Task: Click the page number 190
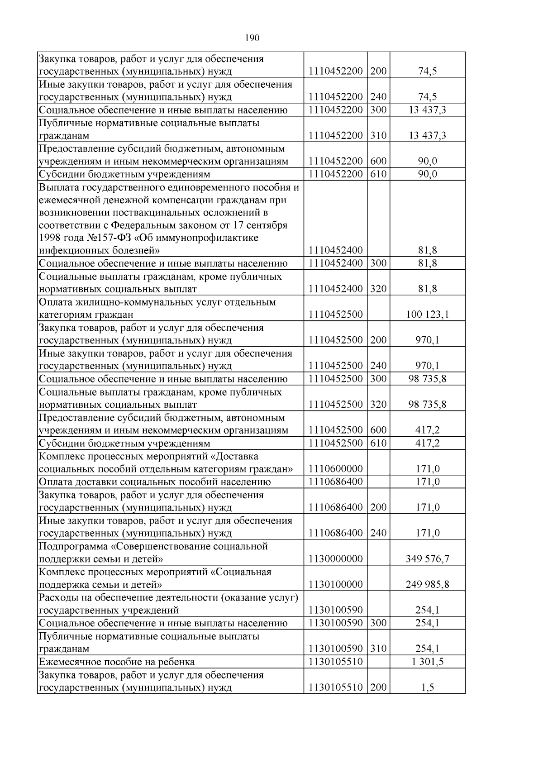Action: click(252, 38)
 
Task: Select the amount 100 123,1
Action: click(427, 315)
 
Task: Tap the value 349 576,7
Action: click(427, 559)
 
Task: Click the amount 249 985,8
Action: click(427, 585)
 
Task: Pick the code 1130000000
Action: click(335, 559)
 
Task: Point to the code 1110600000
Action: click(335, 469)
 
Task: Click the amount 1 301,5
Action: click(427, 662)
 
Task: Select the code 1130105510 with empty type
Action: click(335, 662)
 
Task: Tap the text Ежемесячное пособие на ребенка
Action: click(117, 662)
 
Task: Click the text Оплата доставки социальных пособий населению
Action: click(155, 482)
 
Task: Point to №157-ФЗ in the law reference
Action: click(78, 238)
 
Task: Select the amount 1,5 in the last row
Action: click(427, 688)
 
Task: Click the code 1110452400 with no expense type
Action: click(335, 250)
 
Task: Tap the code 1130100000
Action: click(335, 585)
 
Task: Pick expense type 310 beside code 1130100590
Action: click(378, 649)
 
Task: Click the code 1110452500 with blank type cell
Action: click(335, 315)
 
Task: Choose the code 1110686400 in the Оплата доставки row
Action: click(335, 482)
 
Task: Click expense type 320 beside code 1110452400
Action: click(378, 289)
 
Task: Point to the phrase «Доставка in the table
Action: click(234, 457)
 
